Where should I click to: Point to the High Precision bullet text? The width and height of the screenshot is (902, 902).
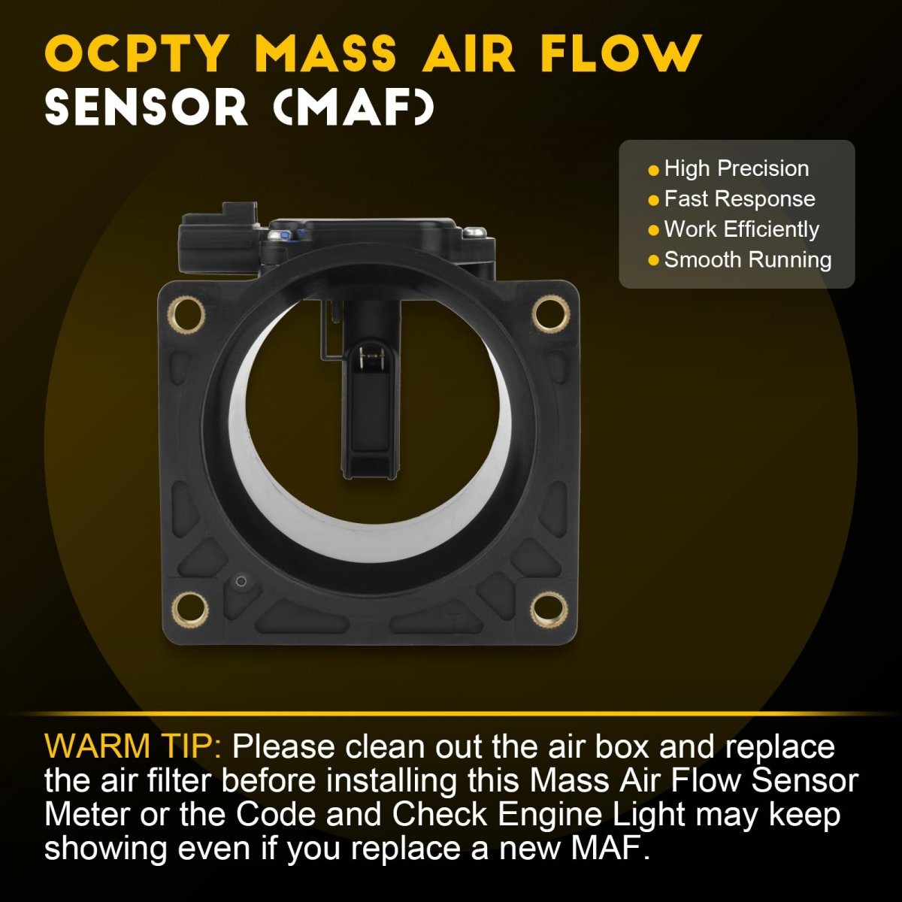(737, 168)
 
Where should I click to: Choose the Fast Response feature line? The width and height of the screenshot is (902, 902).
(740, 199)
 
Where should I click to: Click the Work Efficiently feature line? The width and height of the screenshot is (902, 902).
(741, 229)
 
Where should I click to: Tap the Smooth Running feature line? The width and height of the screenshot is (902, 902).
(747, 260)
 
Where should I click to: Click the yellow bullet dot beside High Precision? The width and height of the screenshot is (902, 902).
(653, 171)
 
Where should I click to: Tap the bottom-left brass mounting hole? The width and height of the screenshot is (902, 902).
(189, 610)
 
